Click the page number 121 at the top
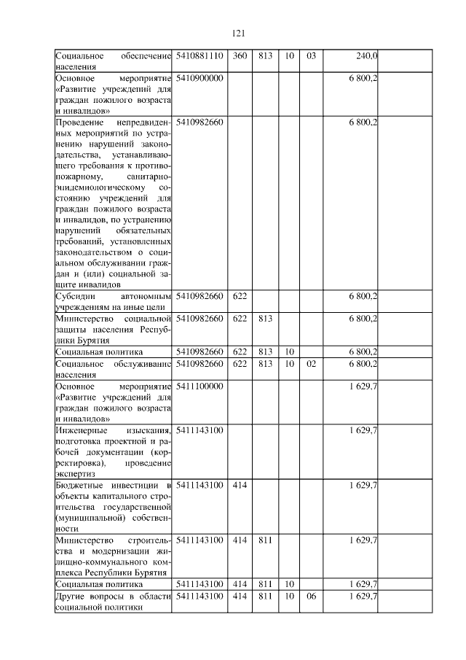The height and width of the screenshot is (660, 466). tap(237, 33)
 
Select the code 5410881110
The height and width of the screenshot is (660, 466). tap(200, 55)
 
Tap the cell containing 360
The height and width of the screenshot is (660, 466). tap(240, 55)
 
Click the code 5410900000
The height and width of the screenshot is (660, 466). tap(200, 77)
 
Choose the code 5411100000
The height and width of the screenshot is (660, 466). tap(200, 386)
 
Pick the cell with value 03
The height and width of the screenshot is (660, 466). tap(311, 55)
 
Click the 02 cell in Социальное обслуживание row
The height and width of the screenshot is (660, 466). tap(311, 363)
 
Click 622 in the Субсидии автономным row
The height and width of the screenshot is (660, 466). tap(240, 296)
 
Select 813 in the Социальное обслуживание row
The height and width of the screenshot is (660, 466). tap(265, 363)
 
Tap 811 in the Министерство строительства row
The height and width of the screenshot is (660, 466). tap(265, 540)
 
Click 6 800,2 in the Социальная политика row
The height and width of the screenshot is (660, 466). tap(363, 352)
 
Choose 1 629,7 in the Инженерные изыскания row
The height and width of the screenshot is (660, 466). tap(363, 430)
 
